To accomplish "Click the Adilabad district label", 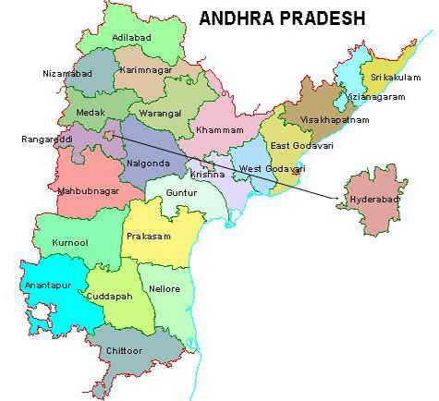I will [x=129, y=38].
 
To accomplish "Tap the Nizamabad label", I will [x=67, y=73].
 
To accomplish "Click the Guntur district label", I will [x=185, y=192].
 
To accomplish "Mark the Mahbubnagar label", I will [x=64, y=192].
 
